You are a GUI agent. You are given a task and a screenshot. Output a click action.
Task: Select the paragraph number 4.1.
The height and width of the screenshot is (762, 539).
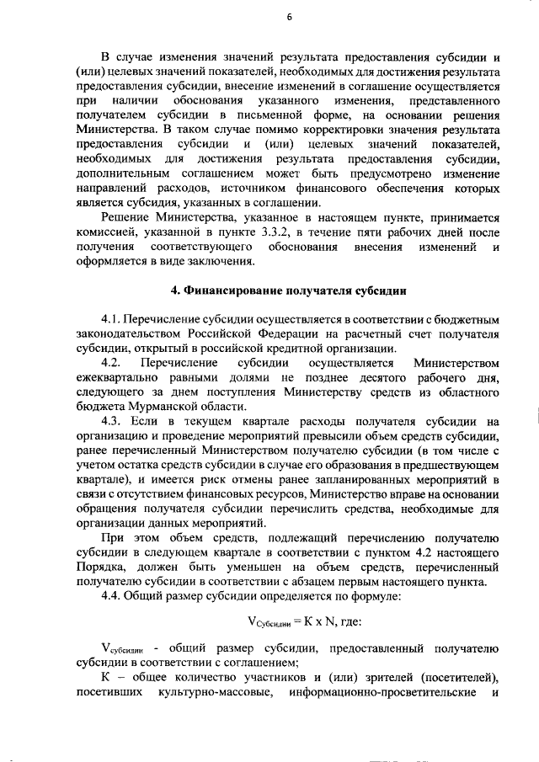pos(112,321)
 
